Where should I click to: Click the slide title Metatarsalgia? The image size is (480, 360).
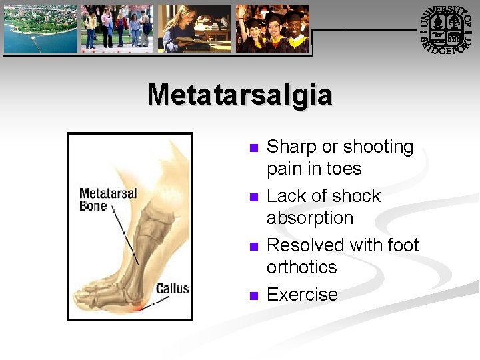point(239,95)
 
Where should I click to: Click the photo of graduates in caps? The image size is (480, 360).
point(272,29)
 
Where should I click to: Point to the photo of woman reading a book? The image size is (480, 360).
point(194,29)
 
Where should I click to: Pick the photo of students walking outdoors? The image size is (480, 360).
point(117,29)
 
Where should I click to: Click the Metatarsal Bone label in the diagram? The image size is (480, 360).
point(108,199)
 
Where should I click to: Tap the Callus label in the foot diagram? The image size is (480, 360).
point(172,289)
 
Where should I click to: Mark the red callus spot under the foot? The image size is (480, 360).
point(139,309)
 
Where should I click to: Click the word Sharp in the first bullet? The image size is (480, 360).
point(291,147)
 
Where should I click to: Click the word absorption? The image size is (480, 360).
point(309,219)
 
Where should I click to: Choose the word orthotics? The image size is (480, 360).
point(301,267)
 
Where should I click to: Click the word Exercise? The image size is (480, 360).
point(302,295)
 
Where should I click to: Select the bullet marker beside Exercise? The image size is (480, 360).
point(252,295)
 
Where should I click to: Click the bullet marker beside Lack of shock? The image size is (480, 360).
point(252,197)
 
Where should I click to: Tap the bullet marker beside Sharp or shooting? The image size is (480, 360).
point(252,148)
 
